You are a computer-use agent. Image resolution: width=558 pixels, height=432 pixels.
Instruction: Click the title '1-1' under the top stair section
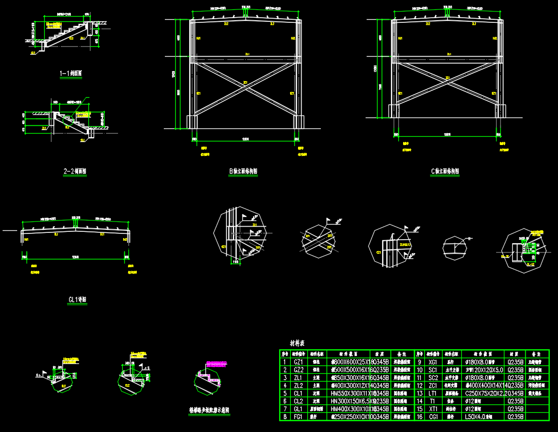(71, 74)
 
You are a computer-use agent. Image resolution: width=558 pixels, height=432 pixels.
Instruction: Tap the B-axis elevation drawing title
(243, 171)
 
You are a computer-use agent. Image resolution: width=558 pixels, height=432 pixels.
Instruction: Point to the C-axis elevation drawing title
(445, 171)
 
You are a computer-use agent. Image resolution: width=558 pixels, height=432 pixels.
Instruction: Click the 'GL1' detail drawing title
(77, 299)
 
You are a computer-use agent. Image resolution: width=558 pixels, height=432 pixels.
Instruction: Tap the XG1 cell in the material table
(432, 362)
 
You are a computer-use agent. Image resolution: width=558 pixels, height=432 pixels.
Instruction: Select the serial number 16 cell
(419, 417)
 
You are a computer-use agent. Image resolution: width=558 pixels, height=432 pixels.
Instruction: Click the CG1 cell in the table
(432, 417)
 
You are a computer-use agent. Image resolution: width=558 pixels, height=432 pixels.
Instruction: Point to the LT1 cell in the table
(432, 394)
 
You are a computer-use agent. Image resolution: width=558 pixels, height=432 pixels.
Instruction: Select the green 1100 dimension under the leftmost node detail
(236, 261)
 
